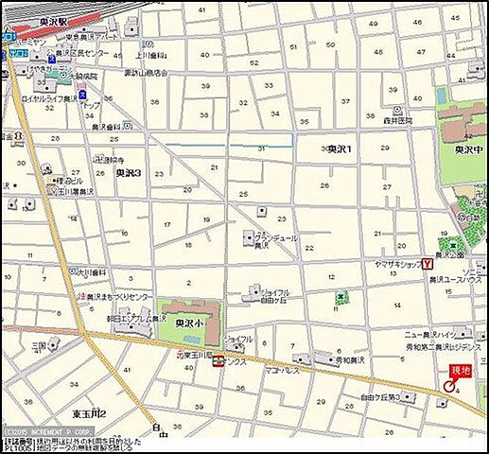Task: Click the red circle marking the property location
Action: tap(448, 387)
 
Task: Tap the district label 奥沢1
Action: tap(340, 149)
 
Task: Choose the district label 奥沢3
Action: tap(129, 174)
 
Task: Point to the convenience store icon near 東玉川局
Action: tap(218, 360)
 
